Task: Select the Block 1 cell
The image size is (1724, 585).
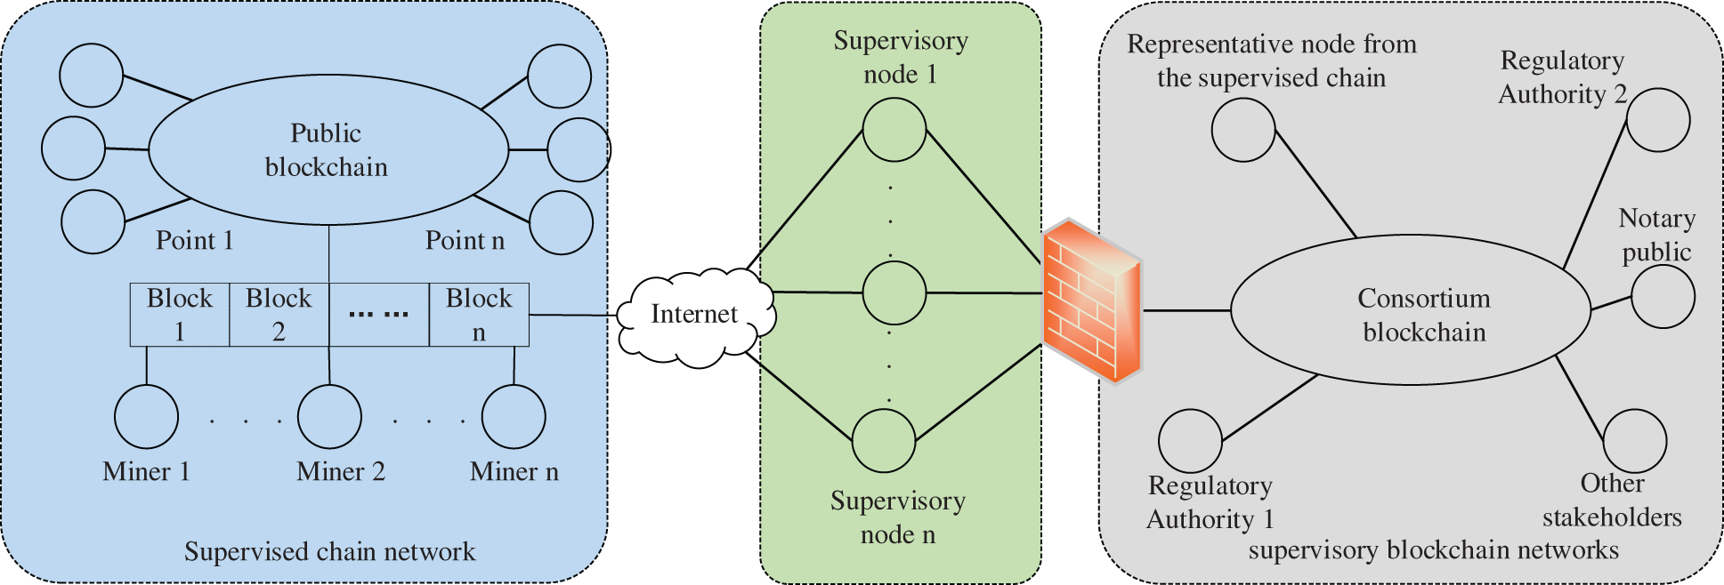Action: (180, 315)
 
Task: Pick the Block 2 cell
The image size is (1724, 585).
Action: (279, 315)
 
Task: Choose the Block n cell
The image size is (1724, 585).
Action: (479, 315)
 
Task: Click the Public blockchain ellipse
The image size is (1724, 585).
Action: (328, 149)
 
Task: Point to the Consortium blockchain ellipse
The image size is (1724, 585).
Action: (1410, 310)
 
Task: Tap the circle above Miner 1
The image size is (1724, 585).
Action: (147, 417)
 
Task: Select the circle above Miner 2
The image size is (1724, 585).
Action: (329, 417)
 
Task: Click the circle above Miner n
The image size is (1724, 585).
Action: (514, 417)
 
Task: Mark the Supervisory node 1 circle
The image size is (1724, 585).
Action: (894, 130)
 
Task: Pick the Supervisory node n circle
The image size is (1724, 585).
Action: (884, 440)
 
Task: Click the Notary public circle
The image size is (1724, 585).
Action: (1663, 297)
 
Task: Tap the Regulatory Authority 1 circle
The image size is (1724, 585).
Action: (1190, 441)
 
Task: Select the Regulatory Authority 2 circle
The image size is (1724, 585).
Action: (1658, 120)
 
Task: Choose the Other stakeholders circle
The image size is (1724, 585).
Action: (1634, 441)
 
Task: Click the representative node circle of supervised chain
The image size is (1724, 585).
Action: (1243, 130)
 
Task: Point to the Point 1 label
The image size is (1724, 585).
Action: (194, 241)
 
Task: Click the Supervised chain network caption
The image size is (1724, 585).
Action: (329, 552)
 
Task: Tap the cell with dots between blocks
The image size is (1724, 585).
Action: (379, 315)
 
